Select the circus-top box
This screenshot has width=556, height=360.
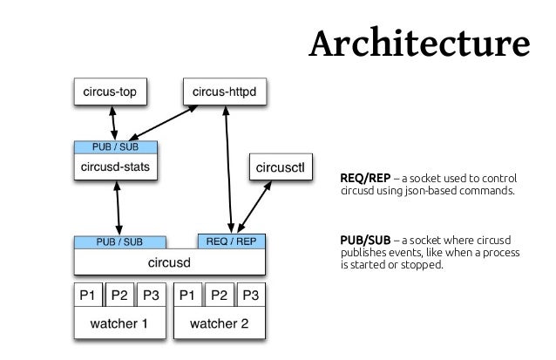click(110, 89)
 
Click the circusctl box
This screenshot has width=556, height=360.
click(279, 166)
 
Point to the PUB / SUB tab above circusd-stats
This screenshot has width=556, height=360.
click(115, 146)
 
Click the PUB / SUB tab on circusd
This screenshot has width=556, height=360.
click(119, 241)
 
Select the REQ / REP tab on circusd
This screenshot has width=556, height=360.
click(231, 241)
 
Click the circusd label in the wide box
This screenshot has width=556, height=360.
click(172, 261)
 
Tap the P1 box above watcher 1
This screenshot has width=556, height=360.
click(89, 294)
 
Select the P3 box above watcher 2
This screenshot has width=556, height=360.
click(251, 294)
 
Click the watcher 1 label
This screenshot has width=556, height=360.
click(119, 324)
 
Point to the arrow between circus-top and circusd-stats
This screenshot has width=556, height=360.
click(112, 120)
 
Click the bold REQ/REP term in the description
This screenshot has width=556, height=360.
click(364, 177)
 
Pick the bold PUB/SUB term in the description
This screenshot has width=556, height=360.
click(364, 240)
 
